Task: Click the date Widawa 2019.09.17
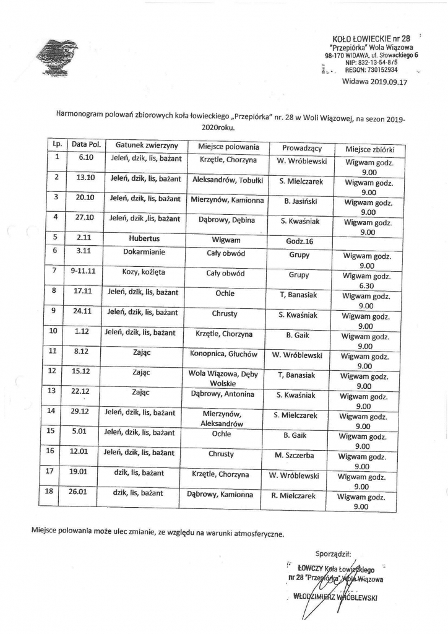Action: tap(375, 80)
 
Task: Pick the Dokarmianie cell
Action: tap(145, 252)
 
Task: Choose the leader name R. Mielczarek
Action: tap(293, 495)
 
